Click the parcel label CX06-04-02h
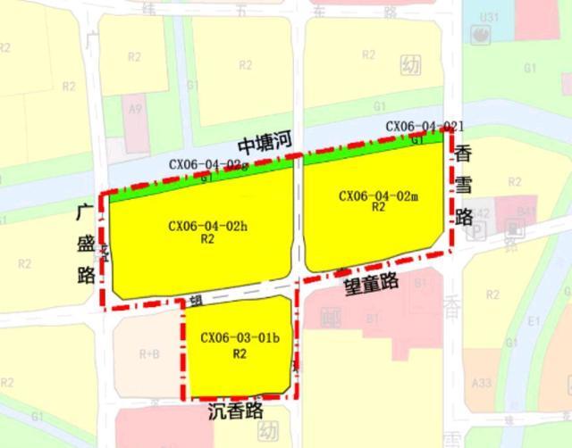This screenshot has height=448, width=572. tap(207, 226)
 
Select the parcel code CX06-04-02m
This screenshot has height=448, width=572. tap(378, 195)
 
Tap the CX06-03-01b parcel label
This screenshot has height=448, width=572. tap(240, 338)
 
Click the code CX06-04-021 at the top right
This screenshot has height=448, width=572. tap(424, 127)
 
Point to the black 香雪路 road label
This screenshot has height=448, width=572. tap(463, 183)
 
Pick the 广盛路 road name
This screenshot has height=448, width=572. tap(86, 243)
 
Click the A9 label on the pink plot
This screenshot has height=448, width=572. tap(136, 109)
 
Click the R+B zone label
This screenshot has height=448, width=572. tap(149, 353)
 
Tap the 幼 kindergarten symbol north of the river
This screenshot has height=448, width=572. tap(410, 66)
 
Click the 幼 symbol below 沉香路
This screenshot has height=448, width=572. tap(266, 432)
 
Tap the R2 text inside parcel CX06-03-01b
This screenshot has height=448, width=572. tap(240, 353)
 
